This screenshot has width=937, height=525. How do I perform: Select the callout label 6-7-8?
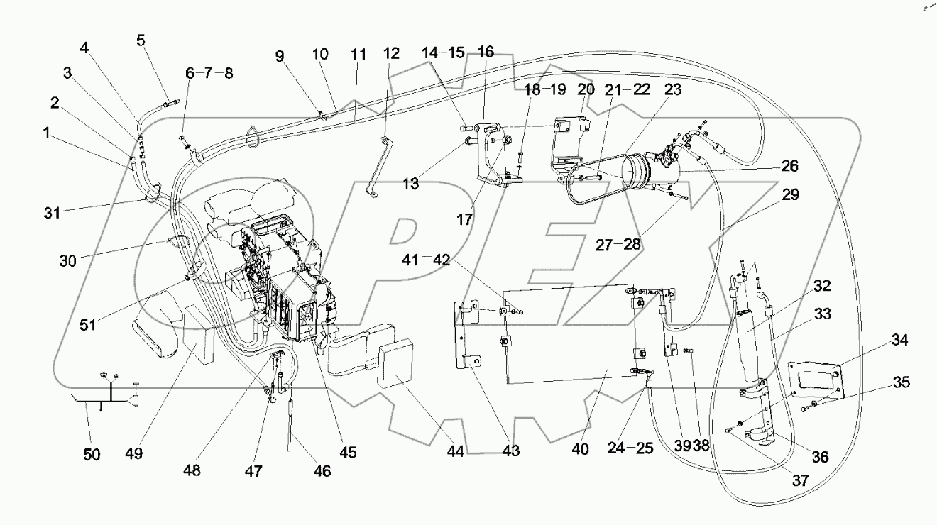[209, 72]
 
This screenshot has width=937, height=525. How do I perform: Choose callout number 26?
[788, 167]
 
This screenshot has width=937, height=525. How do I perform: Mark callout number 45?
[349, 451]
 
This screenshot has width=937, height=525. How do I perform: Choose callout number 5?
[141, 39]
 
